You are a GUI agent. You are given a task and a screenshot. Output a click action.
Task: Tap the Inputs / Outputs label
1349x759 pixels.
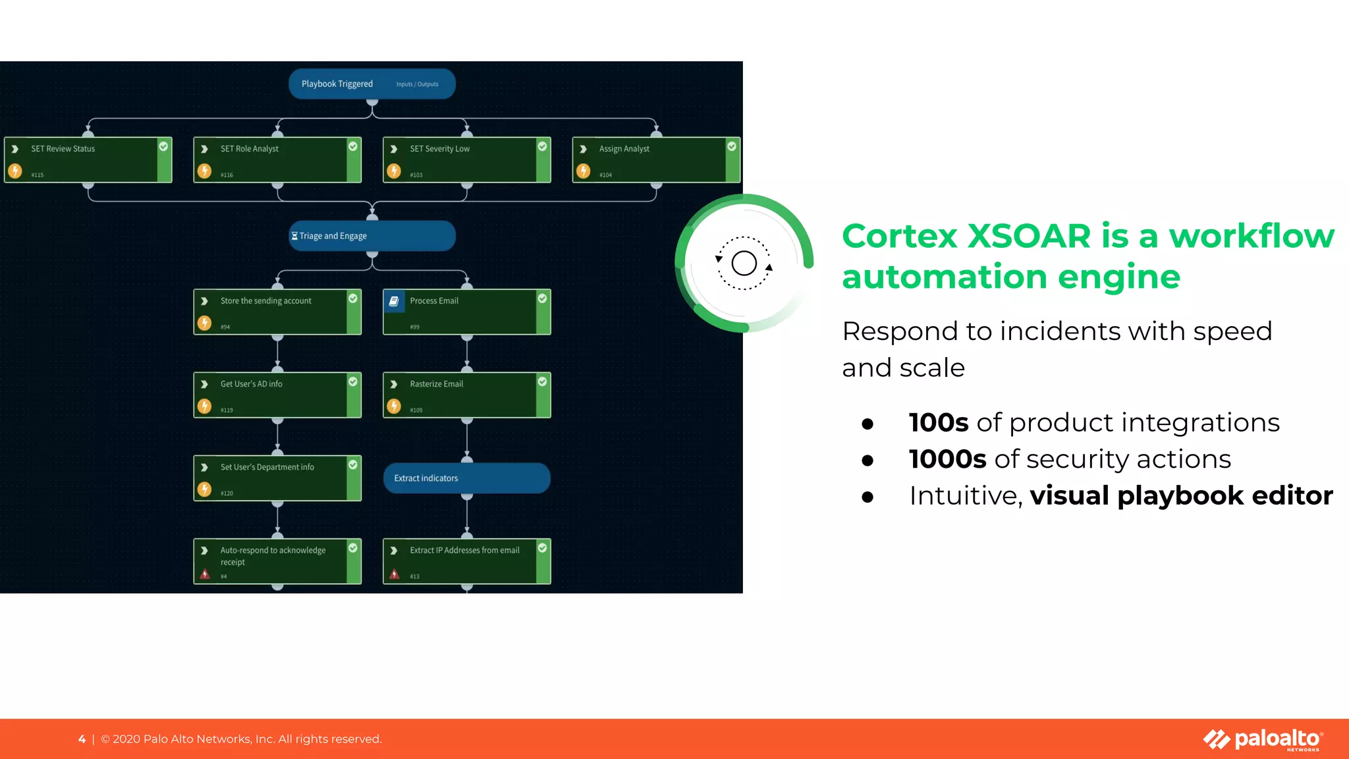(417, 84)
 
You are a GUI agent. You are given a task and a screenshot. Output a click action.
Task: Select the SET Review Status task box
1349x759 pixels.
(88, 159)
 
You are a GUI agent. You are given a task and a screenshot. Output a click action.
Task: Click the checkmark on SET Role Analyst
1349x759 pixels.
(353, 146)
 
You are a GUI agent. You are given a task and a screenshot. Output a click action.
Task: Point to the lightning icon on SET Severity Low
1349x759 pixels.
(394, 171)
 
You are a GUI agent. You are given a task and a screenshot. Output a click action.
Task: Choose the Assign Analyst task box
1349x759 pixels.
(655, 159)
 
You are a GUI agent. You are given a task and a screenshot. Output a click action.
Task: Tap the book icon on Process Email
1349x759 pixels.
(394, 301)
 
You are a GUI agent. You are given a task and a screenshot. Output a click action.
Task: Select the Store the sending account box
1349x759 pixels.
(277, 312)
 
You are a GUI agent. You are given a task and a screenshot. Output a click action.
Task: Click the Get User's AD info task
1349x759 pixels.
(277, 395)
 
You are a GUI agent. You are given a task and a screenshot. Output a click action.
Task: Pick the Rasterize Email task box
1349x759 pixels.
(466, 395)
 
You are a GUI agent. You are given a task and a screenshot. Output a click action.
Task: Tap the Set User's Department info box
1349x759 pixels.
(277, 478)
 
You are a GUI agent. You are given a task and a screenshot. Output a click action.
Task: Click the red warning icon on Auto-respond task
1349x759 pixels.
(205, 575)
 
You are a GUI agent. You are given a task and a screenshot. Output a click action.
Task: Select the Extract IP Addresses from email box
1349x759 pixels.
(466, 561)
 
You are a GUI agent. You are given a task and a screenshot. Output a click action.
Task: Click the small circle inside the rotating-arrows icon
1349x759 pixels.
(744, 264)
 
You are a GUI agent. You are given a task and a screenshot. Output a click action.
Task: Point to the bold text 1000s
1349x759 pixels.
(947, 459)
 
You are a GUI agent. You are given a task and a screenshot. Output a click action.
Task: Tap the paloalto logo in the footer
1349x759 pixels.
(1263, 739)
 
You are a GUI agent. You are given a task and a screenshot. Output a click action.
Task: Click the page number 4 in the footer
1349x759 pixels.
(82, 739)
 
